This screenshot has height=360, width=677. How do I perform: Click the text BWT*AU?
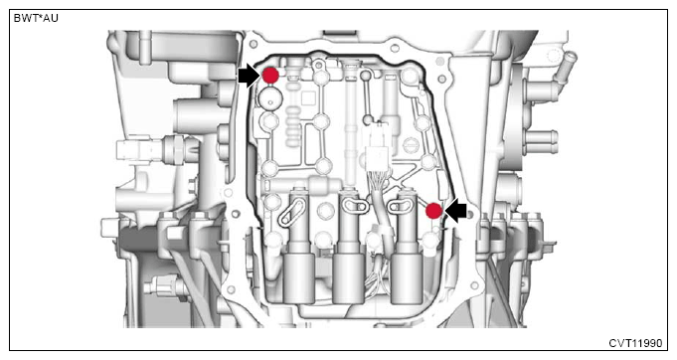pyautogui.click(x=36, y=18)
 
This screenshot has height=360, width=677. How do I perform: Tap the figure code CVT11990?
pyautogui.click(x=635, y=343)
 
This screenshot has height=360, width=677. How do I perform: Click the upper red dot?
pyautogui.click(x=270, y=76)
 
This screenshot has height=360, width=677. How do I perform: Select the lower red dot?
pyautogui.click(x=433, y=211)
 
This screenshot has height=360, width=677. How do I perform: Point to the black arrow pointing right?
pyautogui.click(x=249, y=76)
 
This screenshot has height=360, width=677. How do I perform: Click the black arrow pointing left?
pyautogui.click(x=456, y=211)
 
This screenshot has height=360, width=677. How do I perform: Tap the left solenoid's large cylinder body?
pyautogui.click(x=299, y=278)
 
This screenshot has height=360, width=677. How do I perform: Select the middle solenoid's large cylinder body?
pyautogui.click(x=348, y=278)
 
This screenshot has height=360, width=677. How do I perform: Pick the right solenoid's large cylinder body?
pyautogui.click(x=407, y=278)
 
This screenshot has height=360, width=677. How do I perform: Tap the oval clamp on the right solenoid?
pyautogui.click(x=399, y=207)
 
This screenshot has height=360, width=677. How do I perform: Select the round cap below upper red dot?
pyautogui.click(x=270, y=98)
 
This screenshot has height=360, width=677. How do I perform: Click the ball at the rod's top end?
pyautogui.click(x=366, y=76)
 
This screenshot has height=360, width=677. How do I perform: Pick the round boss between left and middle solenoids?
pyautogui.click(x=325, y=211)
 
